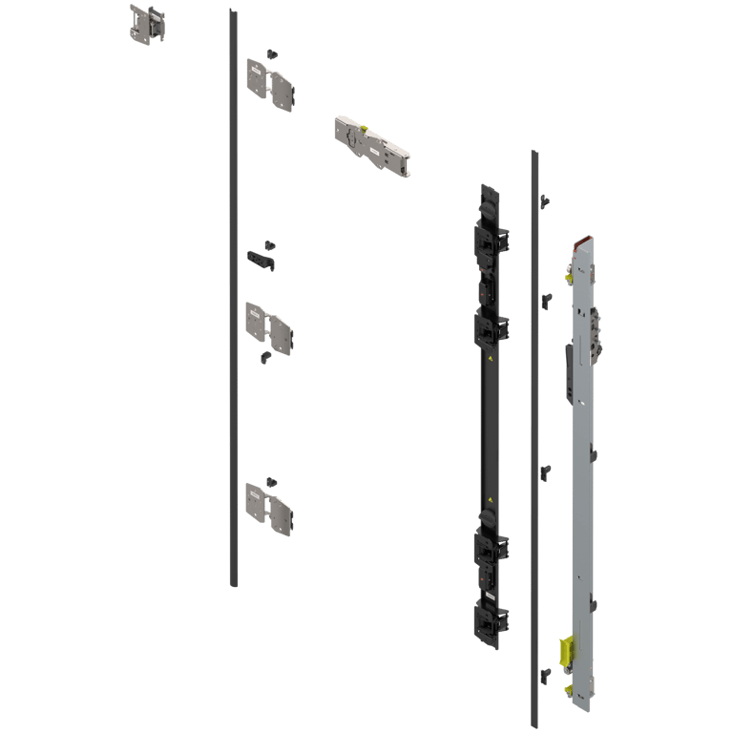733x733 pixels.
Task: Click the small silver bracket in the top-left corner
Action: tap(146, 23)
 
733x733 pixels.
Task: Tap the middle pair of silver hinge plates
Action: tap(269, 326)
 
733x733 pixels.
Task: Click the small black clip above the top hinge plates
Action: tap(272, 52)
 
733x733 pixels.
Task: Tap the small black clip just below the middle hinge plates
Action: tap(266, 357)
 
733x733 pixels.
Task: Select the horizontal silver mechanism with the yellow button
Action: tap(372, 145)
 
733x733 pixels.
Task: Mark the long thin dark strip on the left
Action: tap(233, 296)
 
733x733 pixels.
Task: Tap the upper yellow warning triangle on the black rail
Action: tap(491, 359)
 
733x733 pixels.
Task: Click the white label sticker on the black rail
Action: tap(488, 596)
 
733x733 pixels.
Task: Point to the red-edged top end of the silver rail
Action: tap(582, 244)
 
